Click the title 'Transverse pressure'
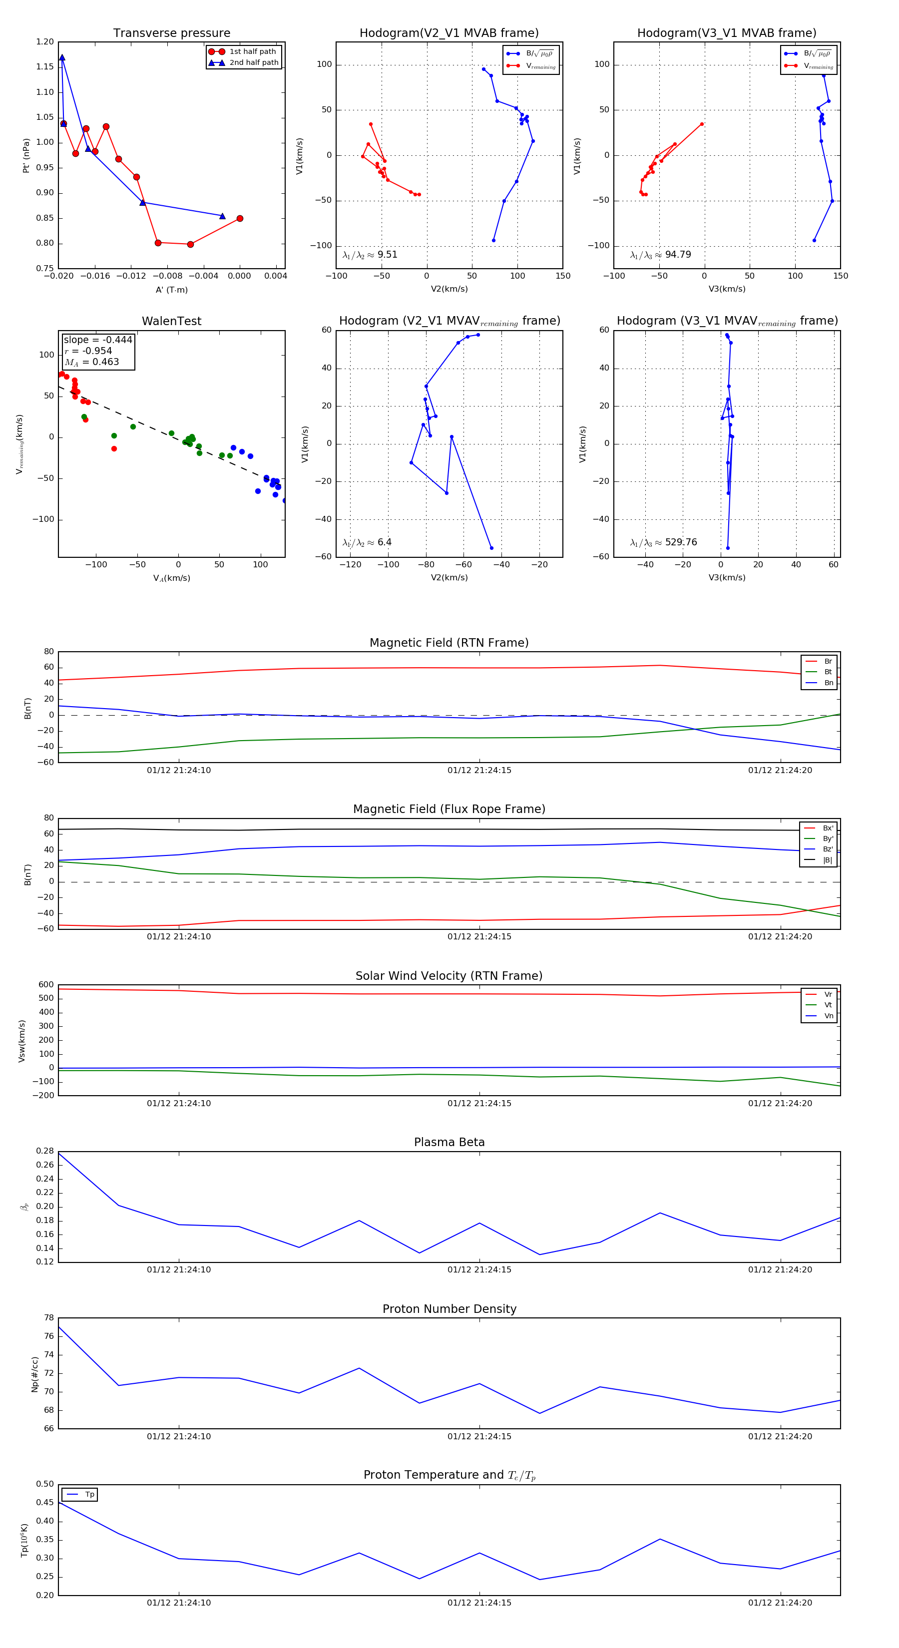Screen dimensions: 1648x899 pos(171,33)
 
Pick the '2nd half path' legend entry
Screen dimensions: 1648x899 pos(253,63)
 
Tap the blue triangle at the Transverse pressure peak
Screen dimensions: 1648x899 pos(62,57)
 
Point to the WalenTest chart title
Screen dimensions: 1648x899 pos(171,321)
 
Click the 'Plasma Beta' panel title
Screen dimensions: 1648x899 pos(449,1143)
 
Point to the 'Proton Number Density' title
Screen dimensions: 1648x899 pos(449,1309)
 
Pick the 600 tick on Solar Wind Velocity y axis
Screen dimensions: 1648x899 pos(46,985)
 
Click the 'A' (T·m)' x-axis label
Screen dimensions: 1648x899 pos(171,290)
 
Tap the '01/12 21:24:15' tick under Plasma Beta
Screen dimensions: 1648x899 pos(479,1270)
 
